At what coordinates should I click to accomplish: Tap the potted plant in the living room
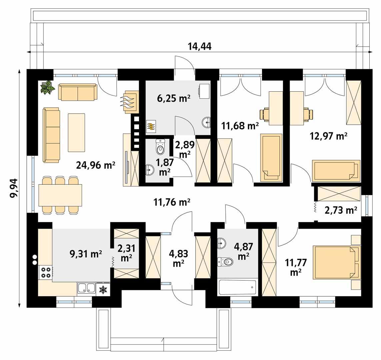[47, 87]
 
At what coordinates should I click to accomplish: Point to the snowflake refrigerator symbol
[104, 290]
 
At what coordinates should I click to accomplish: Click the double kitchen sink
[86, 288]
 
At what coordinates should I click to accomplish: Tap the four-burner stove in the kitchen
[45, 272]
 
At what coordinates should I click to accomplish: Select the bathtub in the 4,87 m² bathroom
[237, 287]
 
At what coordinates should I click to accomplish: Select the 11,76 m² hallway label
[172, 202]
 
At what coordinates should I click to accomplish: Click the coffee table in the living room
[76, 132]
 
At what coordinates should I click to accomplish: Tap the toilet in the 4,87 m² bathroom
[225, 262]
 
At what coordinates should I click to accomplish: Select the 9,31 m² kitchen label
[86, 254]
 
